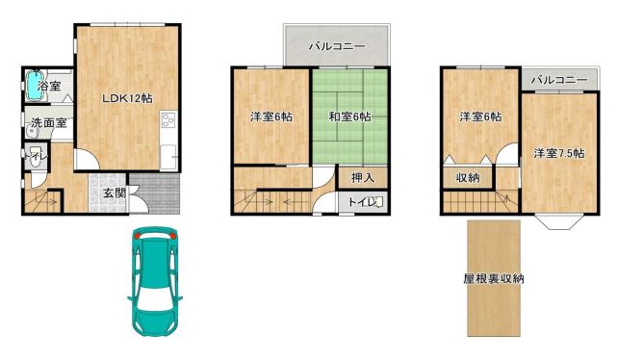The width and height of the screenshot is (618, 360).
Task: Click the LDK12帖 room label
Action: [x=127, y=98]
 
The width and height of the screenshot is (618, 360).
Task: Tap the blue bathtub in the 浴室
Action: [x=35, y=85]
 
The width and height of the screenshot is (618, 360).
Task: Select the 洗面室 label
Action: [x=49, y=122]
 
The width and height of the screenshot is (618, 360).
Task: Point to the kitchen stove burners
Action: [x=168, y=120]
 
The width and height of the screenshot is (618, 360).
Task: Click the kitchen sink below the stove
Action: [x=168, y=157]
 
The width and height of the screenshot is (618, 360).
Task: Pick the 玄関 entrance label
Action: [x=115, y=193]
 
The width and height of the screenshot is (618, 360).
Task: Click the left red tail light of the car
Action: [x=137, y=236]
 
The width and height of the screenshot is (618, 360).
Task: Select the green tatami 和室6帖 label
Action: [x=349, y=116]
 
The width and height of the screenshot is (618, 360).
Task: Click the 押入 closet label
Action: [x=363, y=178]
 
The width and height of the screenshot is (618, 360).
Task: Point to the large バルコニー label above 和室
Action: [x=337, y=46]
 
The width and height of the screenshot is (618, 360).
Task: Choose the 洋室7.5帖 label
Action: [x=559, y=153]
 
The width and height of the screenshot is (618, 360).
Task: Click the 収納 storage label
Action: [x=468, y=178]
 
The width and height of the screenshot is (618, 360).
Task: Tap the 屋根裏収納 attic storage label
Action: [x=494, y=279]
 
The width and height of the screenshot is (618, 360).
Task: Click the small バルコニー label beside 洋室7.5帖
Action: [x=559, y=80]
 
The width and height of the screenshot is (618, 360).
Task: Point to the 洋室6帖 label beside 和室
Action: [x=271, y=116]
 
